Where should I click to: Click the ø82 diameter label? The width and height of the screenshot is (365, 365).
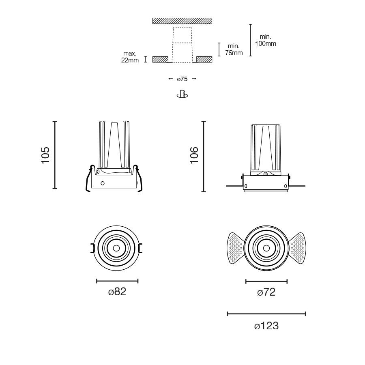pyautogui.click(x=117, y=292)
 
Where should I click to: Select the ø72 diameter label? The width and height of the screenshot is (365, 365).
pyautogui.click(x=266, y=292)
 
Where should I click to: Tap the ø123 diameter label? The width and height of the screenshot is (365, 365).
pyautogui.click(x=266, y=326)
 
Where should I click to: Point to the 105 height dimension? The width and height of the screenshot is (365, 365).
pyautogui.click(x=45, y=155)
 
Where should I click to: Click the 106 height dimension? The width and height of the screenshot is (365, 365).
pyautogui.click(x=194, y=155)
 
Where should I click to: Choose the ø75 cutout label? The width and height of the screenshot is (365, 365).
pyautogui.click(x=182, y=79)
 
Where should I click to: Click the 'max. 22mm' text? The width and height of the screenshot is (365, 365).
pyautogui.click(x=130, y=57)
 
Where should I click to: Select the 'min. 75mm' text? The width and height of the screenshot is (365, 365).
pyautogui.click(x=234, y=49)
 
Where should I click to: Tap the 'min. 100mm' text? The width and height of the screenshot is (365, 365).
pyautogui.click(x=266, y=40)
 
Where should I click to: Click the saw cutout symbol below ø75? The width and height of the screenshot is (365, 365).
pyautogui.click(x=182, y=94)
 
